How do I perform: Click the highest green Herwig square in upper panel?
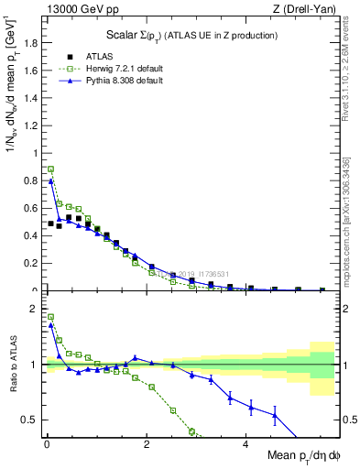click(x=51, y=169)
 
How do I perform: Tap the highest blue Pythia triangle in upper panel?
click(x=51, y=181)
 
